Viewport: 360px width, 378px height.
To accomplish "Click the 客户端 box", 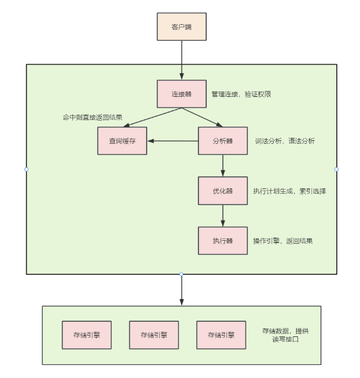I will (x=181, y=27).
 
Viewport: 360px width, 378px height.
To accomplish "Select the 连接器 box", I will (x=181, y=94).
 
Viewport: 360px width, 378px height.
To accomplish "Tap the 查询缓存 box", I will (x=122, y=141).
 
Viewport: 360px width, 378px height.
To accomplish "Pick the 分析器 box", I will (x=223, y=141).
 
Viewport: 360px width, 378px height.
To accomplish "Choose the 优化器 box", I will (x=223, y=191).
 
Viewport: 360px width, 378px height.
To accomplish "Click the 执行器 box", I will (x=223, y=241).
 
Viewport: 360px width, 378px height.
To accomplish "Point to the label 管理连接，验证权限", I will (x=241, y=94).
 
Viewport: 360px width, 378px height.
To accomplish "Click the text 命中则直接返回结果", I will (x=93, y=117).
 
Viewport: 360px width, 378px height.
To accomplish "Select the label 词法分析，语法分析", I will (x=285, y=141).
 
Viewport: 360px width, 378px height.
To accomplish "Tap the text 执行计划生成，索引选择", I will (x=289, y=191).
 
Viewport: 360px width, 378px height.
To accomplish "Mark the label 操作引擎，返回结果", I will (x=283, y=241).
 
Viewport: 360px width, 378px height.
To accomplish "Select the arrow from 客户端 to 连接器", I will (x=181, y=61).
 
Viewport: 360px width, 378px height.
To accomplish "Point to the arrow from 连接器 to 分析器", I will (x=202, y=118).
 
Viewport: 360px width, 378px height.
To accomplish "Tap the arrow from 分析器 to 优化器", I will (x=223, y=165).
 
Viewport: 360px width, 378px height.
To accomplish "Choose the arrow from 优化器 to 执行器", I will (x=223, y=215).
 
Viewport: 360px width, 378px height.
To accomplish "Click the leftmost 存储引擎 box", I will (x=87, y=335).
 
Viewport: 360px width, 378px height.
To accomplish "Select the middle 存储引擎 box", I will (x=154, y=335).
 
